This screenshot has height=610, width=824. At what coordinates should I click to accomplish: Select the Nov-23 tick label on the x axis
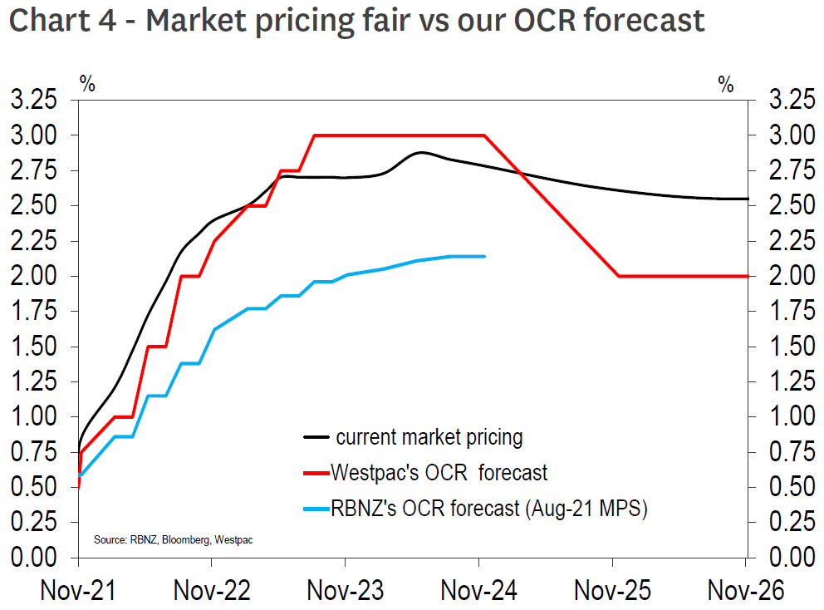click(x=346, y=590)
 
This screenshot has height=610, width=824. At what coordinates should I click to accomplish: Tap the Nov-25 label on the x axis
click(x=612, y=590)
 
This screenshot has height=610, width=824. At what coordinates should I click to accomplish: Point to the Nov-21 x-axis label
click(x=79, y=590)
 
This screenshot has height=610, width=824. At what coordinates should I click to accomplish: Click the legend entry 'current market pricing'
click(x=429, y=436)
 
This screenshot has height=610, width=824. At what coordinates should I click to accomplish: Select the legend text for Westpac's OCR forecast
click(x=439, y=473)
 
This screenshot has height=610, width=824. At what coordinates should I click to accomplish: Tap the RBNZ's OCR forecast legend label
click(x=488, y=509)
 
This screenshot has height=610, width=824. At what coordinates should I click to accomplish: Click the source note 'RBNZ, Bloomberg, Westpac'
click(x=173, y=540)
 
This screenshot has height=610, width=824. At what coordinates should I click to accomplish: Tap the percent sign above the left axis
click(x=87, y=83)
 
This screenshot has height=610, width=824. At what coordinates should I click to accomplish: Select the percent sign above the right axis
click(x=726, y=83)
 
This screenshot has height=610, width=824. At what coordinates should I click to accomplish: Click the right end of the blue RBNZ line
click(x=484, y=256)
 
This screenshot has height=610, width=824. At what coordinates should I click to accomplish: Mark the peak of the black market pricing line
click(x=421, y=153)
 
